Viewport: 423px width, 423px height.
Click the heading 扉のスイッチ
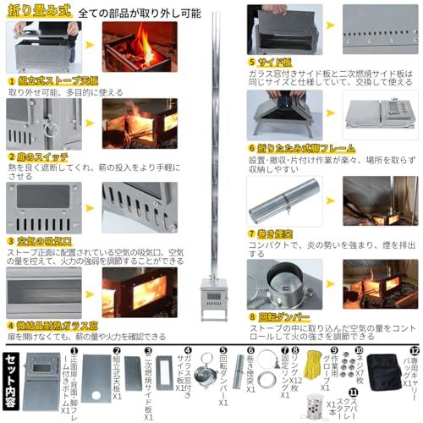point(41,156)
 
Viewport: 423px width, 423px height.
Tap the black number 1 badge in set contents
point(74,349)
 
